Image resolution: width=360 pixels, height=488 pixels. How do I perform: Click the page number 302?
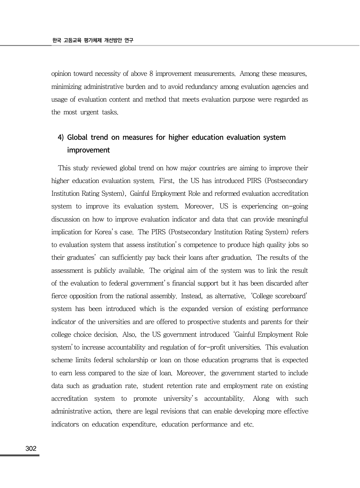tap(31, 449)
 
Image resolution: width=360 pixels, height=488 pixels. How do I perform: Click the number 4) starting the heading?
tap(61, 137)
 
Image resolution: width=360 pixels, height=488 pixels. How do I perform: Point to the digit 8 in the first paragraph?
tap(151, 74)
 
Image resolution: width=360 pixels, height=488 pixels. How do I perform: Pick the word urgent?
tap(89, 112)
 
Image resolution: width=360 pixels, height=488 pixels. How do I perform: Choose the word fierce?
tap(59, 296)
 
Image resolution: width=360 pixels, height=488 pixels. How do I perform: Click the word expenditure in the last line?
tap(139, 424)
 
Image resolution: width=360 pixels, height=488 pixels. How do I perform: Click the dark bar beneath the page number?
tap(20, 455)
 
